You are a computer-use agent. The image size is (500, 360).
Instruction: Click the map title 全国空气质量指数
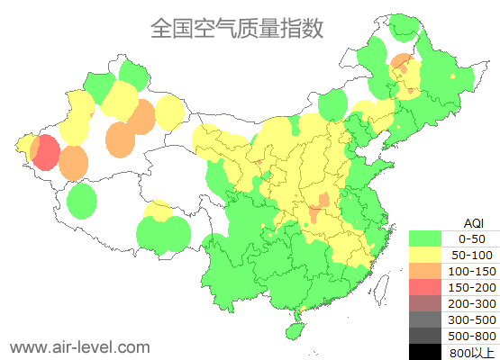[x=237, y=28]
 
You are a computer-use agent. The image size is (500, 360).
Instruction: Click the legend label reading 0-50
[x=472, y=238]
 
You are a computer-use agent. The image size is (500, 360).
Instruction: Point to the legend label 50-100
[x=472, y=255]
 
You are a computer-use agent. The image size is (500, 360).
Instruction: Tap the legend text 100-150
[x=472, y=271]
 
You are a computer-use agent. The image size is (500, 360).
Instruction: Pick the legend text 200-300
[x=472, y=303]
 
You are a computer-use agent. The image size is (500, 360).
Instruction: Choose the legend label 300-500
[x=472, y=319]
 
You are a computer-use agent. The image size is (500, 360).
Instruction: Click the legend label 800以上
[x=472, y=352]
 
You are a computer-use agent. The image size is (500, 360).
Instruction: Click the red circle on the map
[x=46, y=153]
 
